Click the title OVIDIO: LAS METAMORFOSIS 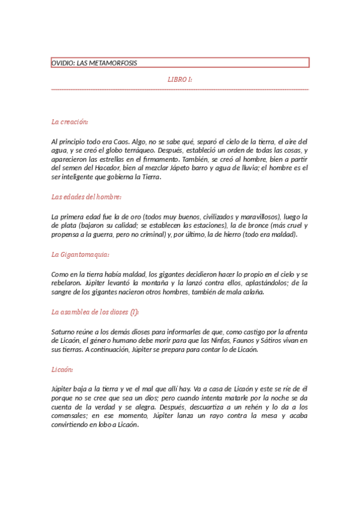tap(98, 63)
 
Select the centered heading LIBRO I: tap(180, 79)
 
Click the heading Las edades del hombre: tap(87, 197)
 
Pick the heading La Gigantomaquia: tap(81, 254)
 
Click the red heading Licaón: tap(63, 369)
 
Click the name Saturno tap(64, 331)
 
